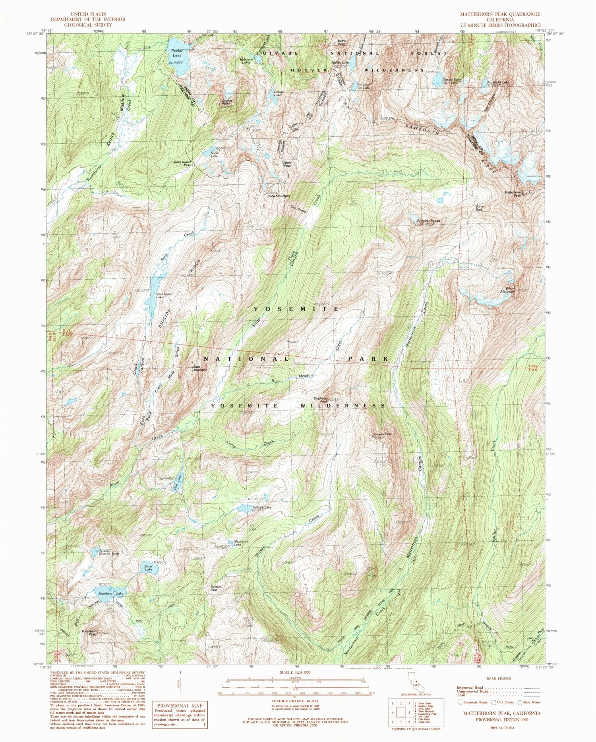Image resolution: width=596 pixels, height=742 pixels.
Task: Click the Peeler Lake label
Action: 177,53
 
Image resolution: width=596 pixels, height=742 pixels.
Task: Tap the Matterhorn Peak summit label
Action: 513,194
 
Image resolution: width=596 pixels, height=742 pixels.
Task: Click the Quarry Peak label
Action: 383,434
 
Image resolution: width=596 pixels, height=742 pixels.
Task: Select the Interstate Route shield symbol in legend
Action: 461,702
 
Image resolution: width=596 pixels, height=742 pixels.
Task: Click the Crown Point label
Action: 227,102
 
